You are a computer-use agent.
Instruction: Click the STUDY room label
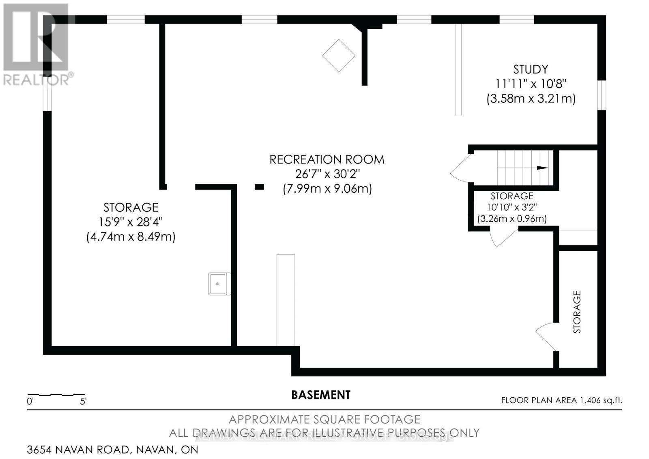(531, 69)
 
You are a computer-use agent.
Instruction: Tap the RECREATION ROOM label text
(327, 159)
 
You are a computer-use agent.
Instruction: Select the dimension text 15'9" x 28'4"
(131, 222)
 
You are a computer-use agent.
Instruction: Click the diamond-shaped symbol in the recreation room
(339, 56)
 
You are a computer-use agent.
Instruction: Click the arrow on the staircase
(542, 168)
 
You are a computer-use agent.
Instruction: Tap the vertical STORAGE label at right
(577, 312)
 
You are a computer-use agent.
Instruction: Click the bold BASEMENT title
(321, 395)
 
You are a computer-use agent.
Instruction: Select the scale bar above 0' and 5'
(56, 394)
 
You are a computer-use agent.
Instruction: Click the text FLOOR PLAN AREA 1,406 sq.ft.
(561, 400)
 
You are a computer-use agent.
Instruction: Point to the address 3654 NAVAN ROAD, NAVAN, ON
(113, 450)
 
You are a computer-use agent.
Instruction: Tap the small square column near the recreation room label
(260, 187)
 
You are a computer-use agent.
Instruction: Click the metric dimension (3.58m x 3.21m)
(531, 99)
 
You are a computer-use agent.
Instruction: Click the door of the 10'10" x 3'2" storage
(503, 238)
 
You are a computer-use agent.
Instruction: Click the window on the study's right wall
(603, 95)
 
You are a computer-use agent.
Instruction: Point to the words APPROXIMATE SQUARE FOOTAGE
(324, 419)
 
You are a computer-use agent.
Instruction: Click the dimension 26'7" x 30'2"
(327, 174)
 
